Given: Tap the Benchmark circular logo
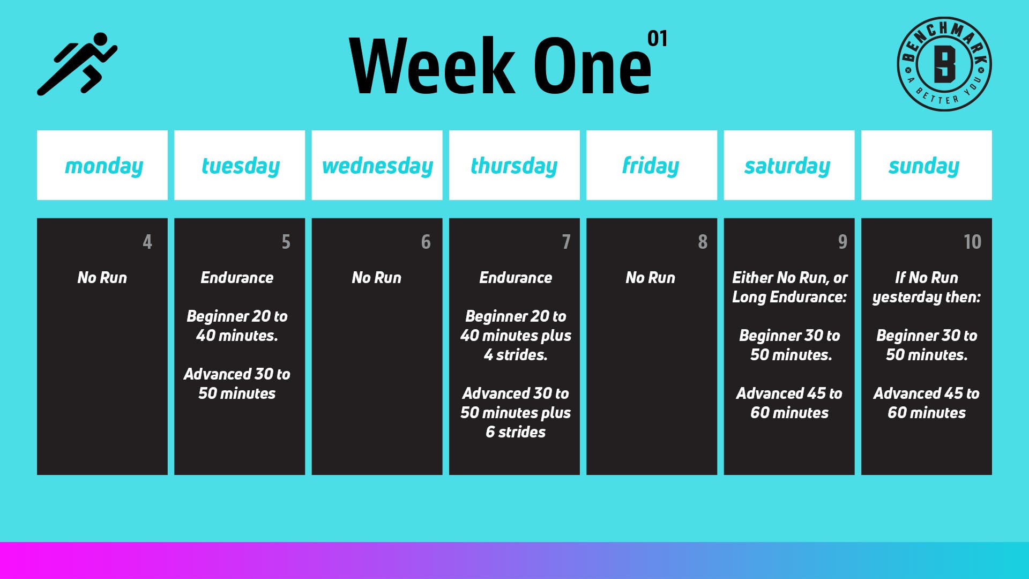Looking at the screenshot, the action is pos(944,64).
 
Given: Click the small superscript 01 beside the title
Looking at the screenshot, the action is pos(657,39).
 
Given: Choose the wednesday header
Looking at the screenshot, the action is pos(377,165).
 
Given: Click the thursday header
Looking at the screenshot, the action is pos(514,165).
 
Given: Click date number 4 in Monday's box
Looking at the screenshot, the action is pos(147,242).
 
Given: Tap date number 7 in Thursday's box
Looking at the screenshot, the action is pos(566,242).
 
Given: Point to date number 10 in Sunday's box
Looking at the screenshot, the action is pos(972,242).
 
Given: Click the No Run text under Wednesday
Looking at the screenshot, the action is pos(377,278).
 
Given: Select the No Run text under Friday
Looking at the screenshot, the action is pos(651,278).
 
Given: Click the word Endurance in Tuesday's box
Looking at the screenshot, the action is pos(237,278).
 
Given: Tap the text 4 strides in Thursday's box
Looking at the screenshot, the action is pos(516,355).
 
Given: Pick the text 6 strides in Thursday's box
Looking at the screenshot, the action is pos(516,432).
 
